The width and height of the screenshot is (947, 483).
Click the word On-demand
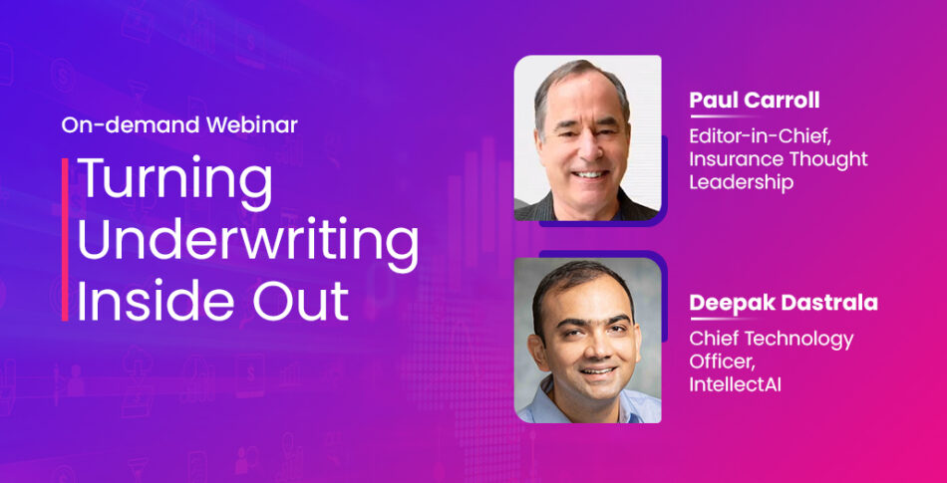tap(131, 125)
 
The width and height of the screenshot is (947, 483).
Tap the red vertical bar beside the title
tap(65, 239)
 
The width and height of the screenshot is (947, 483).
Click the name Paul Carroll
tap(755, 101)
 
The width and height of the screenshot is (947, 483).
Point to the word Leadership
tap(741, 182)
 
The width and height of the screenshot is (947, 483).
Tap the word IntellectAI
tap(735, 384)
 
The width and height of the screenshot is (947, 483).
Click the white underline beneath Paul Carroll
tap(725, 116)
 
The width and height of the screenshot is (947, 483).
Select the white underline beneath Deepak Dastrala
tap(725, 319)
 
